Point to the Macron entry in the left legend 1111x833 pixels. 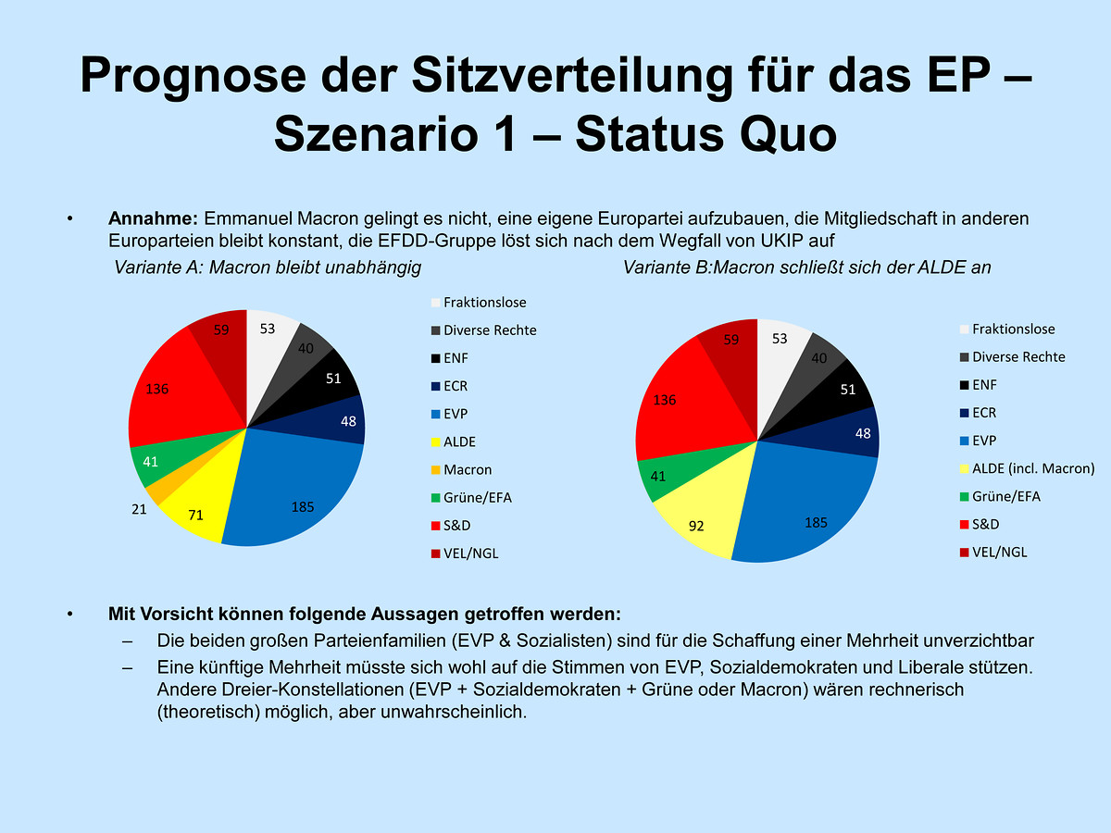pyautogui.click(x=468, y=469)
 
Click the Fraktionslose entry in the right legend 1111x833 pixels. pyautogui.click(x=1013, y=329)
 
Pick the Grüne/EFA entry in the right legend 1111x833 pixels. pyautogui.click(x=1005, y=496)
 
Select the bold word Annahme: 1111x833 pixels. pyautogui.click(x=153, y=219)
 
